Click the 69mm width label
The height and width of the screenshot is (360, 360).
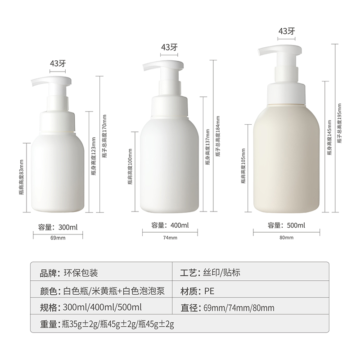click(x=58, y=238)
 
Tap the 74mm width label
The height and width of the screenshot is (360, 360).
click(x=170, y=238)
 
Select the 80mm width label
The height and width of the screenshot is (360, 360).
click(x=286, y=238)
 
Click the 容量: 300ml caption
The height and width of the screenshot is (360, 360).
click(x=58, y=227)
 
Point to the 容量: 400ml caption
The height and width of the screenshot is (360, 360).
click(x=170, y=225)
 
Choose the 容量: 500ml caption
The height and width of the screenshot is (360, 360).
click(x=286, y=225)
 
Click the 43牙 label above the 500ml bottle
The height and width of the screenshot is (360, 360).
click(x=287, y=31)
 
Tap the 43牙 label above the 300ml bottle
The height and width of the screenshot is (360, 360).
click(x=58, y=63)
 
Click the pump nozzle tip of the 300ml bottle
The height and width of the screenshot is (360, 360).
click(x=32, y=85)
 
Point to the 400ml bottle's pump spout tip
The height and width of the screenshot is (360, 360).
click(x=144, y=68)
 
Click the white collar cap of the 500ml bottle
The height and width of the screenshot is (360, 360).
click(x=287, y=94)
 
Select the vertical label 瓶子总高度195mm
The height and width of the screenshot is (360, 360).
click(x=339, y=123)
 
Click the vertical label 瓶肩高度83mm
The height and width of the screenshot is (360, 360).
click(x=21, y=177)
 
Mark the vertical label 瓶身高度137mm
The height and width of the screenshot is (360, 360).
click(x=207, y=147)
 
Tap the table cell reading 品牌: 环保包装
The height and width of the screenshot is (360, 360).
click(x=69, y=273)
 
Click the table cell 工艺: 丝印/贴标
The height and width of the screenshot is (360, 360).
click(x=210, y=273)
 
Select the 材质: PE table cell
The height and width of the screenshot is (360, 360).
click(x=197, y=291)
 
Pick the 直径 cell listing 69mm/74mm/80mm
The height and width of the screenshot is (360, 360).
click(x=227, y=308)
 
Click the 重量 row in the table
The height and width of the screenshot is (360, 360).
click(x=107, y=324)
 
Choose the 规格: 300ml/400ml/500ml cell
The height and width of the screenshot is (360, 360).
click(x=91, y=307)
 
